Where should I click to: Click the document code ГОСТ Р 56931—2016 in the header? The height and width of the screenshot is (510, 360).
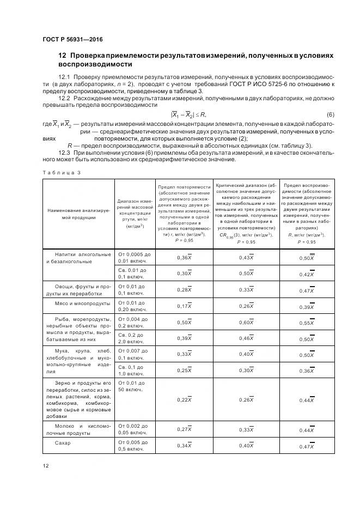pyautogui.click(x=72, y=40)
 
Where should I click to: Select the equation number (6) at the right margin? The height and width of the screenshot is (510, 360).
pyautogui.click(x=330, y=114)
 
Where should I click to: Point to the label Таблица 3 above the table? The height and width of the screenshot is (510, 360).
pyautogui.click(x=61, y=172)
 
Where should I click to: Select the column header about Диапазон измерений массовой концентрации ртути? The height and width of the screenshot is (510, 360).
pyautogui.click(x=133, y=214)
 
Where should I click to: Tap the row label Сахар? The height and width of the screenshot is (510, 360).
pyautogui.click(x=63, y=442)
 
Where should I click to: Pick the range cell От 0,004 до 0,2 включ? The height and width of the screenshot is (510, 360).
pyautogui.click(x=133, y=322)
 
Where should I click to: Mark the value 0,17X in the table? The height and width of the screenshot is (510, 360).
pyautogui.click(x=184, y=306)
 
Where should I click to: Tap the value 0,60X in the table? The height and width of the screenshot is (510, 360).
pyautogui.click(x=246, y=323)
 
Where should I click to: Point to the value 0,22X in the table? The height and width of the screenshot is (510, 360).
pyautogui.click(x=184, y=400)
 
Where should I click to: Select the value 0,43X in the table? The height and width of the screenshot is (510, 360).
pyautogui.click(x=246, y=257)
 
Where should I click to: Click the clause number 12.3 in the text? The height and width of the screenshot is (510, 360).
pyautogui.click(x=65, y=153)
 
